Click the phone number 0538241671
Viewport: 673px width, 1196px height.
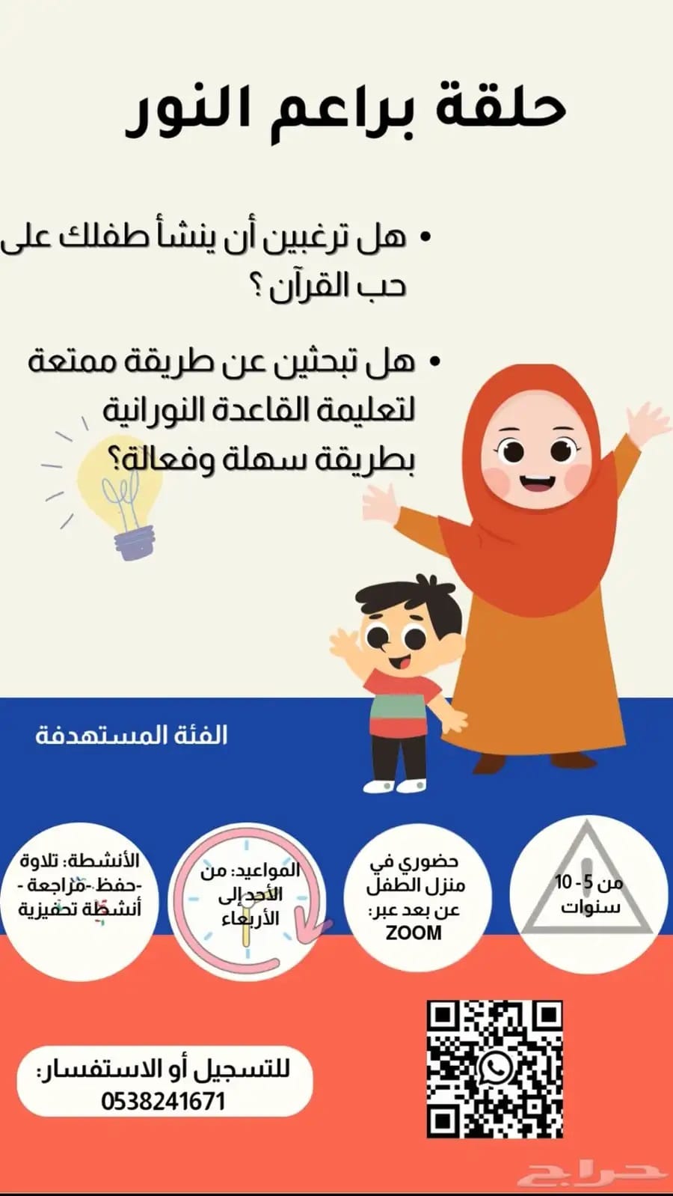coord(164,1102)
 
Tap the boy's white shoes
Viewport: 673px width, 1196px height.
coord(395,785)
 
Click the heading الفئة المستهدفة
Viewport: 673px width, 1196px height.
coord(132,735)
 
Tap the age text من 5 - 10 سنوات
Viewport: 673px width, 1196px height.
coord(589,894)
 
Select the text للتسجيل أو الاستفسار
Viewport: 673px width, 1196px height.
coord(163,1070)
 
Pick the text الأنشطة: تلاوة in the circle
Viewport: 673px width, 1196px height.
coord(80,861)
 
